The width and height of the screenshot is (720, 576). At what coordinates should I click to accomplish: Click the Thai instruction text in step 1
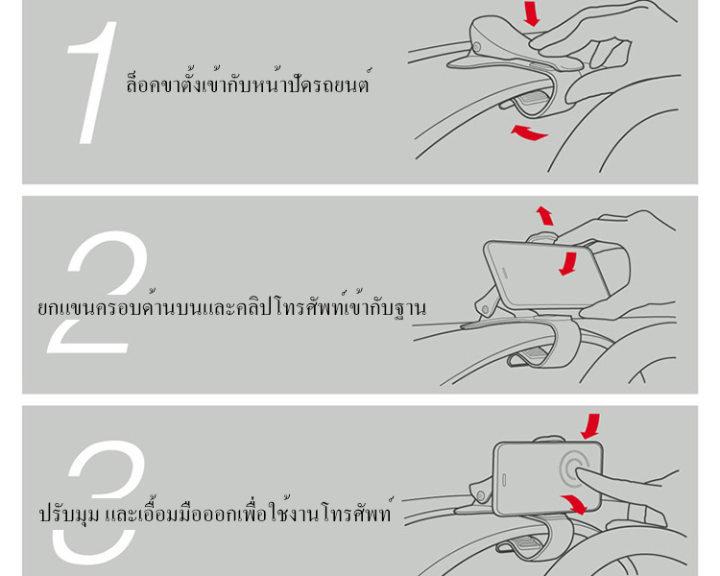tap(248, 82)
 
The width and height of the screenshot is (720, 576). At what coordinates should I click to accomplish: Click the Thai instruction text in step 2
tap(232, 304)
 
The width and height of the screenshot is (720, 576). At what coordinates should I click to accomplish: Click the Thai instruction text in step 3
tap(216, 511)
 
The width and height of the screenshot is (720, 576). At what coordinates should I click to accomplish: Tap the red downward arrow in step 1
tap(532, 12)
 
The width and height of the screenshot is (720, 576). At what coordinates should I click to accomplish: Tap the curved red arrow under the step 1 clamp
tap(529, 132)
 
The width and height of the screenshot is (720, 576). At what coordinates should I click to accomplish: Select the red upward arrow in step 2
tap(545, 215)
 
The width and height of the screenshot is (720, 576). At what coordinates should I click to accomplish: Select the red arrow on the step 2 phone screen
tap(568, 264)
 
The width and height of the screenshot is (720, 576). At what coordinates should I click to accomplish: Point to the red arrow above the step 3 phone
tap(591, 426)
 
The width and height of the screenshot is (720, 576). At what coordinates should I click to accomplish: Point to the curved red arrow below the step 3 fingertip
tap(574, 503)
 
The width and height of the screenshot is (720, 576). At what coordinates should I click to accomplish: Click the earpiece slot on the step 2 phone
tap(505, 273)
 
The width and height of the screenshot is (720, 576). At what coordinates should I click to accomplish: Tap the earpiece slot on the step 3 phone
tap(504, 479)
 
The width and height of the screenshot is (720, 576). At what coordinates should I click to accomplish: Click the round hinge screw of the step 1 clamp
tap(477, 47)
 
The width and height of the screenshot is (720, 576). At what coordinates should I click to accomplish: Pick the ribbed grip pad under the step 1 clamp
tap(534, 97)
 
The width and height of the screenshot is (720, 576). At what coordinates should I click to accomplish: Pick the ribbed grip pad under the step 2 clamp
tap(538, 353)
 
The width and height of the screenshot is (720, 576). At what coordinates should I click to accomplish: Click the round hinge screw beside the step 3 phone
tap(481, 495)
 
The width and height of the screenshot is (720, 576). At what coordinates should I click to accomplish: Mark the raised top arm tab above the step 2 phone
tap(541, 237)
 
